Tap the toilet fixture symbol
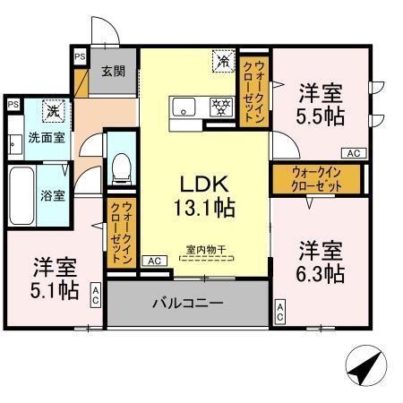pos(121,167)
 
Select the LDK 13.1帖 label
pos(209,196)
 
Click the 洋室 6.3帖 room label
pos(321,261)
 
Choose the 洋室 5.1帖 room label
pos(56,278)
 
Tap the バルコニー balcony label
pos(186,304)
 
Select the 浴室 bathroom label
pos(51,195)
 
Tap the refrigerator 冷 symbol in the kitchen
pos(222,62)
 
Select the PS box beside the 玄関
pos(80,56)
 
